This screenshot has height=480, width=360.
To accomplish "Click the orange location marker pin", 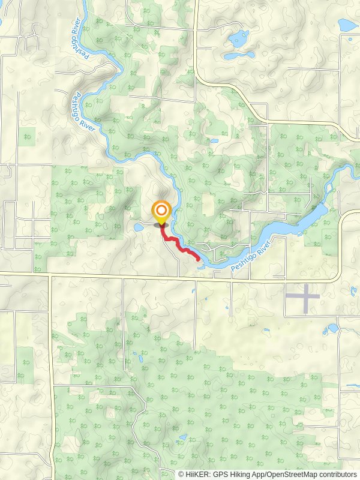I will tap(161, 211).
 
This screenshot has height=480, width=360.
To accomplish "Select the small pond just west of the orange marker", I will tap(139, 227).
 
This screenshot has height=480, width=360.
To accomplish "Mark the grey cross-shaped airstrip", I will tap(302, 298).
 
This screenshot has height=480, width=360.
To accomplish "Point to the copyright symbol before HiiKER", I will tap(181, 475).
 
